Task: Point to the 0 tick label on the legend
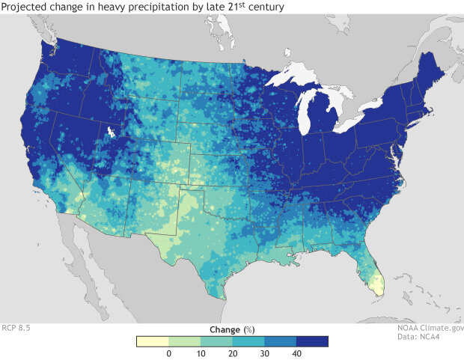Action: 168,353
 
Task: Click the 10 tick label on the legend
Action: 201,353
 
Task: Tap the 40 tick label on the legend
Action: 296,353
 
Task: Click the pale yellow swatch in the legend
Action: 153,341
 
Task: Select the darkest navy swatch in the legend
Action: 313,341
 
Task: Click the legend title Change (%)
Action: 232,329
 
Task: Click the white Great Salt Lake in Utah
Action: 111,132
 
